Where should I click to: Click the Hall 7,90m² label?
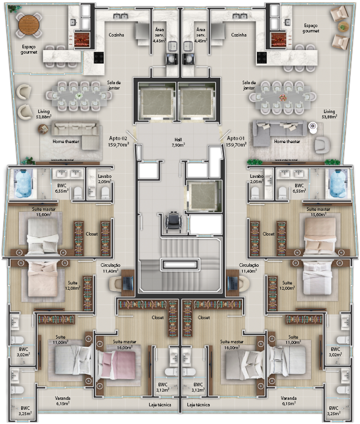[x=178, y=141]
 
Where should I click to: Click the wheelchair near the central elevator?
[x=174, y=221]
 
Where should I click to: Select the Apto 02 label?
[x=118, y=141]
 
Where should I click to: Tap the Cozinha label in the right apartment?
[x=239, y=35]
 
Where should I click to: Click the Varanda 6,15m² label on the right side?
[x=289, y=400]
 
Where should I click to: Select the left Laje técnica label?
[x=160, y=405]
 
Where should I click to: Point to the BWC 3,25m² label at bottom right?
[x=334, y=410]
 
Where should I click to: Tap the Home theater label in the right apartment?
[x=287, y=141]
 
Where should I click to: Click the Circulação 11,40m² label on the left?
[x=110, y=269]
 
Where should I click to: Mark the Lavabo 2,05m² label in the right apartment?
[x=256, y=179]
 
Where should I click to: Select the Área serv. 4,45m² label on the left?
[x=159, y=35]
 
